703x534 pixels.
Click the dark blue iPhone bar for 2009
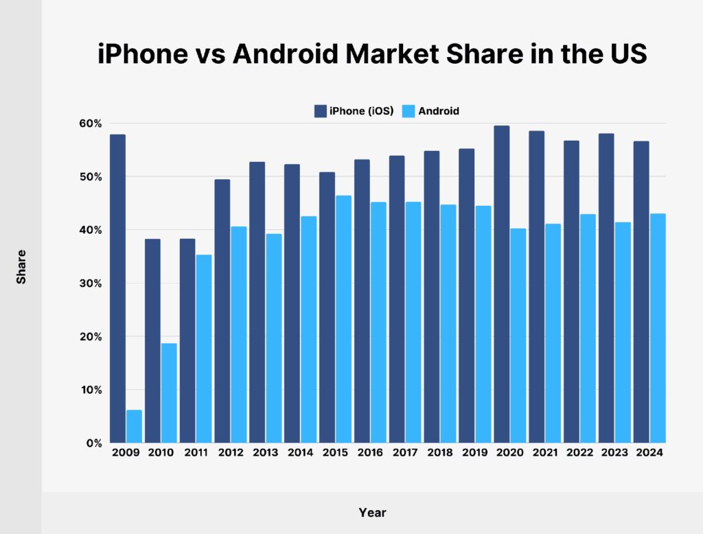(117, 288)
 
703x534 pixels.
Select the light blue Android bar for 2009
(134, 426)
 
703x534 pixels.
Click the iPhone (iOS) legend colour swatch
(320, 111)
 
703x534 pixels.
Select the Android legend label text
(439, 111)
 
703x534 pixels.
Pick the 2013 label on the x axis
(265, 454)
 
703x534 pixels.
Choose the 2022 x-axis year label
(579, 454)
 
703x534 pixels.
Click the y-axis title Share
(22, 267)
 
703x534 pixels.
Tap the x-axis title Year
(372, 513)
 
